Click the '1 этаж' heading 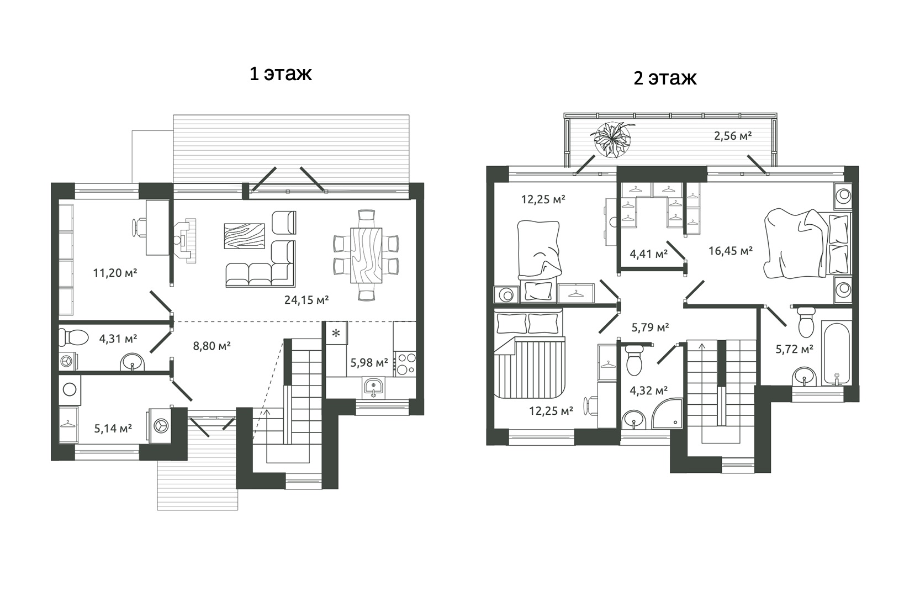click(x=281, y=74)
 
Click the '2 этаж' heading click(x=665, y=78)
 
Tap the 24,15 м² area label click(x=306, y=300)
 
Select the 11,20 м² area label click(x=115, y=273)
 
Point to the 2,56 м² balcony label click(x=733, y=135)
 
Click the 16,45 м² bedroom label click(x=730, y=251)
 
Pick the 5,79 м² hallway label click(x=650, y=328)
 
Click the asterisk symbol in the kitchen click(x=336, y=333)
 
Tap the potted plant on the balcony click(x=612, y=140)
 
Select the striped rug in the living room click(x=244, y=236)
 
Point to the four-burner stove click(x=405, y=364)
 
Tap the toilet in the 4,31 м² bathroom click(x=74, y=338)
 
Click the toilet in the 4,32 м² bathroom click(x=635, y=360)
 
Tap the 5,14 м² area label click(x=113, y=429)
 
